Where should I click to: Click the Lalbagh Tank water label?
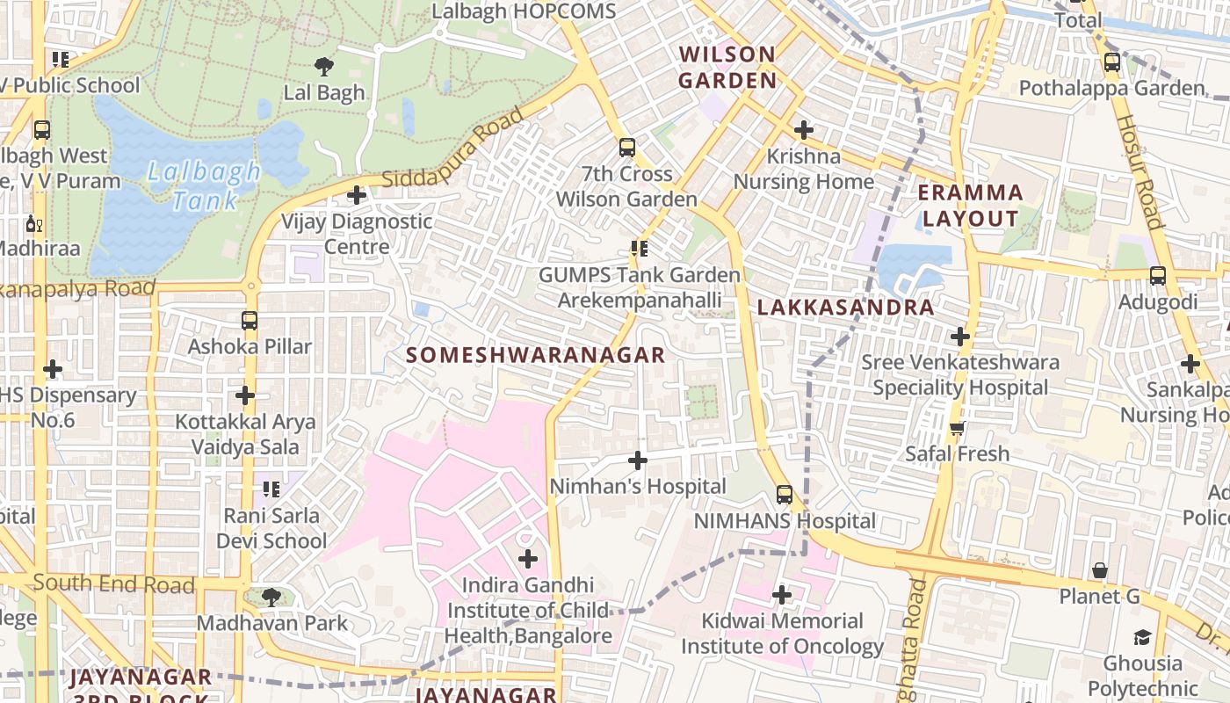click(x=204, y=185)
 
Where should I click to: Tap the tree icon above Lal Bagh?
click(x=324, y=66)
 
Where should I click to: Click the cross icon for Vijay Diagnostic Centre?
click(x=357, y=195)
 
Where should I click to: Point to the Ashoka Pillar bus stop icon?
click(x=250, y=321)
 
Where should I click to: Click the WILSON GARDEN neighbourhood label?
click(x=727, y=68)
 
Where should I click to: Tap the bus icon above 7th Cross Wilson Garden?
click(x=626, y=148)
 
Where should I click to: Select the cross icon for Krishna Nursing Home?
click(x=803, y=130)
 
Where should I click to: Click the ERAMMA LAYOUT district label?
click(x=971, y=206)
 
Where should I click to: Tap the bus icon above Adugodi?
click(x=1157, y=276)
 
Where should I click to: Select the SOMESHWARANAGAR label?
click(x=536, y=355)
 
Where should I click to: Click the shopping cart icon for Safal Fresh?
click(x=957, y=428)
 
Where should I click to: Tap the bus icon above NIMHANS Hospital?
click(x=785, y=495)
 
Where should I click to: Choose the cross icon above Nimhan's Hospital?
click(x=638, y=460)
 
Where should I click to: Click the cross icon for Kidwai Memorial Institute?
click(x=781, y=595)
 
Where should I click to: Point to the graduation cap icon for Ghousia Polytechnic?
click(x=1142, y=637)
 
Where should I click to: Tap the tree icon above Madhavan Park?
click(x=271, y=598)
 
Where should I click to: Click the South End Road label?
click(x=114, y=583)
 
